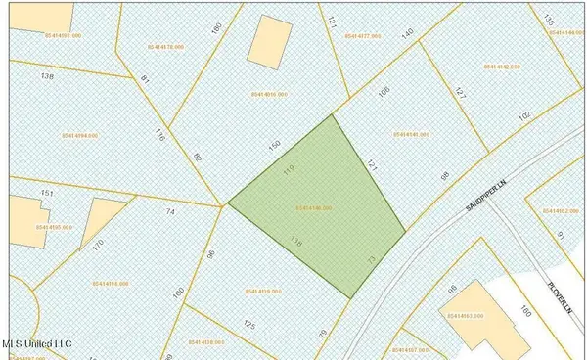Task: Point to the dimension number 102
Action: coord(524,115)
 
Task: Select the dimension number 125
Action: coord(249,324)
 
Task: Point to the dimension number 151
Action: coord(45,194)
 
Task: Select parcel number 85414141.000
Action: coord(411,134)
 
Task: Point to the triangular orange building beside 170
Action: coord(95,223)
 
